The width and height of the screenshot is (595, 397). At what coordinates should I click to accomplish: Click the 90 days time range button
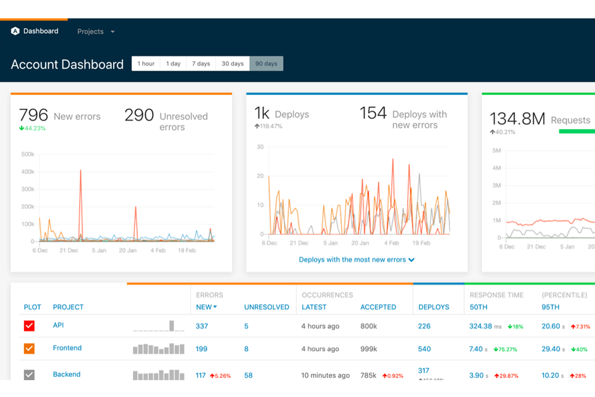coord(266,64)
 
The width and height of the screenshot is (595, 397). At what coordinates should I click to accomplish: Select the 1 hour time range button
coord(146,64)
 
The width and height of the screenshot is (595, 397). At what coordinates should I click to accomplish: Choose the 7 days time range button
coord(201,64)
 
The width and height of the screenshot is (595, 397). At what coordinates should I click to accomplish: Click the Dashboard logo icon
coord(15,31)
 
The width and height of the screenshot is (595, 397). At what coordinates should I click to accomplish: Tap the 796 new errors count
coord(33,115)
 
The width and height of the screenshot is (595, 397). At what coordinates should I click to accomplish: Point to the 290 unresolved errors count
coord(139,115)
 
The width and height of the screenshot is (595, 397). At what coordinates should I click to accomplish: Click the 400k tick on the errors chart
coord(27,172)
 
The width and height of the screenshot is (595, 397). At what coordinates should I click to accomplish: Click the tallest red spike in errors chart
coord(80,171)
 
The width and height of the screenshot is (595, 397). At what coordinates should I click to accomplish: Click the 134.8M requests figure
coord(517,119)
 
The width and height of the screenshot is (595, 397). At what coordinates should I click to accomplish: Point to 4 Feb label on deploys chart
coord(391,243)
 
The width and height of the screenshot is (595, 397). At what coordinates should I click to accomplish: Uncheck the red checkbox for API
coord(29,326)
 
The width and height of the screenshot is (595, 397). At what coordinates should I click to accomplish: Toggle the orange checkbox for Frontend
coord(29,348)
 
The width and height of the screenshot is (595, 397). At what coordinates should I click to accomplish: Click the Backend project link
coord(66,374)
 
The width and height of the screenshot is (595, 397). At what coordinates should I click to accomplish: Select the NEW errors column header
coord(206,307)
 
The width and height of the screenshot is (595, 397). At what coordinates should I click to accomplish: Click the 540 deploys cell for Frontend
coord(424,349)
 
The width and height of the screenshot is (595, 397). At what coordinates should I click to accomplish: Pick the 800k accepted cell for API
coord(368,326)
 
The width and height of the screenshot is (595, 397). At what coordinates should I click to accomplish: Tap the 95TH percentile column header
coord(550,307)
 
